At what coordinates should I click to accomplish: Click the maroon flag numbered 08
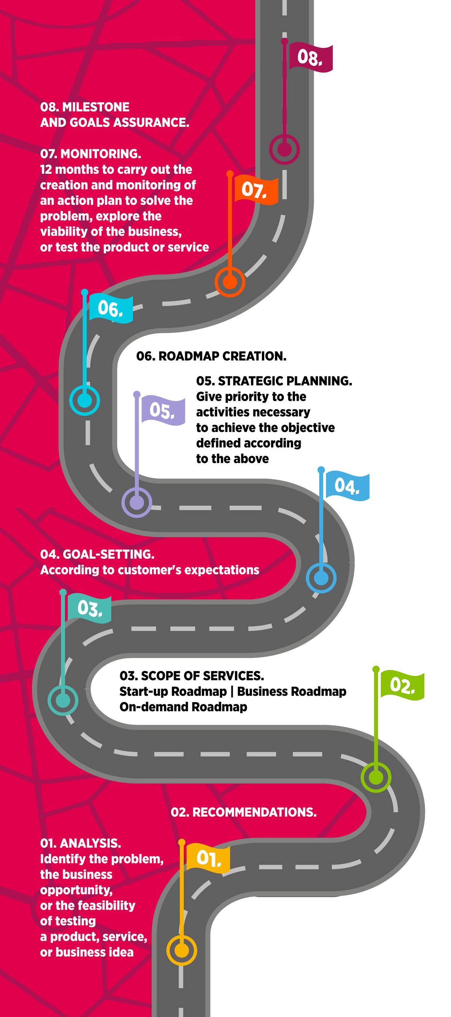pos(311,58)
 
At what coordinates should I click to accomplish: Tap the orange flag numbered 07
pos(256,190)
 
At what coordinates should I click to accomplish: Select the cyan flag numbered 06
pos(110,308)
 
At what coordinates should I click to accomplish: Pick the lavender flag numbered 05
pos(163,411)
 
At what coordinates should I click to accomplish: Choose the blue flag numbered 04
pos(347,486)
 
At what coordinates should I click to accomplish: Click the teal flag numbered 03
pos(89,608)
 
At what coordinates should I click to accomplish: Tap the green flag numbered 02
pos(402,685)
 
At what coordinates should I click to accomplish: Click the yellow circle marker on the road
pos(182,951)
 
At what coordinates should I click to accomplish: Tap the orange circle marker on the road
pos(230,282)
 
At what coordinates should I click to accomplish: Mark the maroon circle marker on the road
pos(285,150)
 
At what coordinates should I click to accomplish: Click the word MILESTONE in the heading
pos(96,107)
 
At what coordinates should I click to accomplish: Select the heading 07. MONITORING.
pos(91,153)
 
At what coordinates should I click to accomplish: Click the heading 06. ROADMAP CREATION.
pos(211,356)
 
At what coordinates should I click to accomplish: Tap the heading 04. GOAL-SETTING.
pos(97,554)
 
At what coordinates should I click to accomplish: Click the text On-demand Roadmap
pos(183,707)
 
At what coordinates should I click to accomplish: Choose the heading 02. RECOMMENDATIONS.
pos(244,812)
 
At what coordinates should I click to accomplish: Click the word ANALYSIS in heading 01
pos(91,843)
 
